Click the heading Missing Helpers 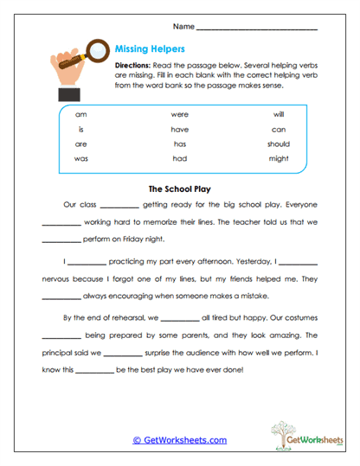pos(149,49)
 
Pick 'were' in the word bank pos(179,113)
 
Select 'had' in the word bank pos(179,160)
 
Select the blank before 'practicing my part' pos(86,262)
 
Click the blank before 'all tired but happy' pos(178,318)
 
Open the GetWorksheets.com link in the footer pos(179,440)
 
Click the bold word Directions pos(133,66)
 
